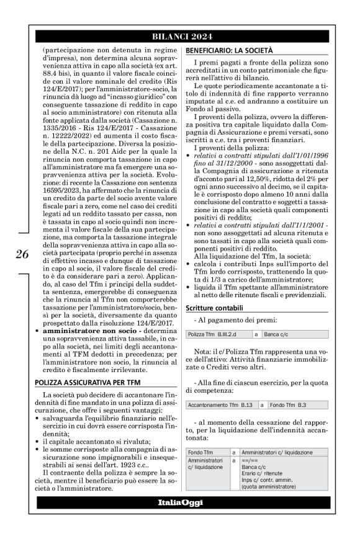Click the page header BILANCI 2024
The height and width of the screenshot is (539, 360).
(179, 37)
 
